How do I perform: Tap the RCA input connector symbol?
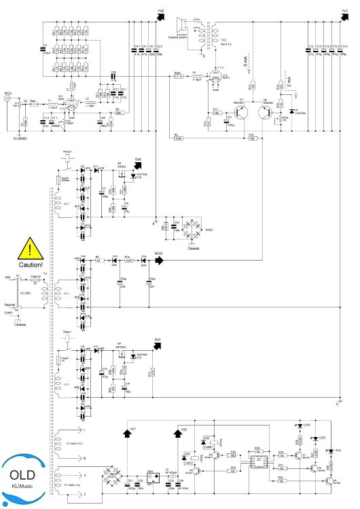click(8, 99)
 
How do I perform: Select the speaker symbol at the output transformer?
click(183, 24)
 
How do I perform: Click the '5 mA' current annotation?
click(244, 65)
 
